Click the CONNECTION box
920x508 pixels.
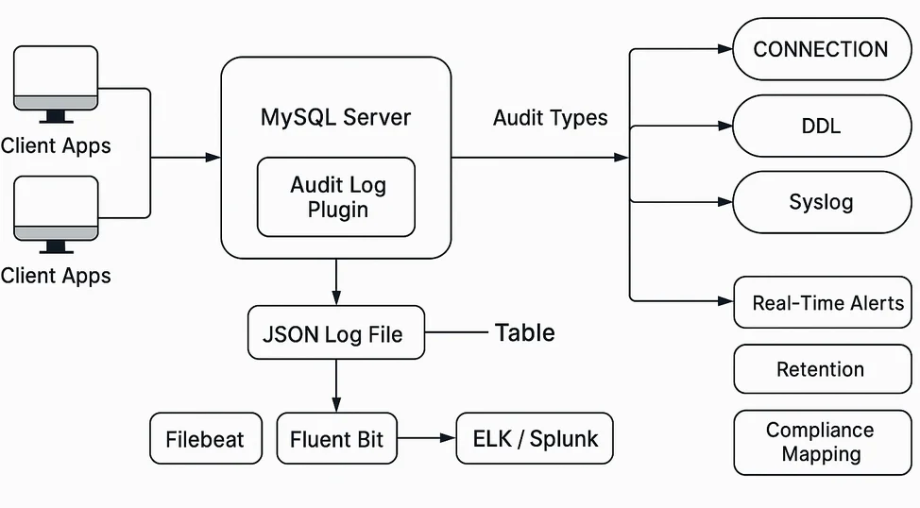(x=821, y=50)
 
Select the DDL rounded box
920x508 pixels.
(x=821, y=126)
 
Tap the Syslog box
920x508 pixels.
(x=821, y=202)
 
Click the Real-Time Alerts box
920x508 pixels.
(x=822, y=303)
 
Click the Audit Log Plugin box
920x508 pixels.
(x=336, y=196)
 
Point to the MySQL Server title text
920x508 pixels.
(x=335, y=118)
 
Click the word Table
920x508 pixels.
(x=524, y=332)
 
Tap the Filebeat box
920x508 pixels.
(x=205, y=439)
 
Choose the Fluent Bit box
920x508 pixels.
(x=336, y=439)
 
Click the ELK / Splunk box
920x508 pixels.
(x=534, y=439)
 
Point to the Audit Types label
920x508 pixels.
(x=550, y=118)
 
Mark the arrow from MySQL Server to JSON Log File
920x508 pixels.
(x=336, y=281)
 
